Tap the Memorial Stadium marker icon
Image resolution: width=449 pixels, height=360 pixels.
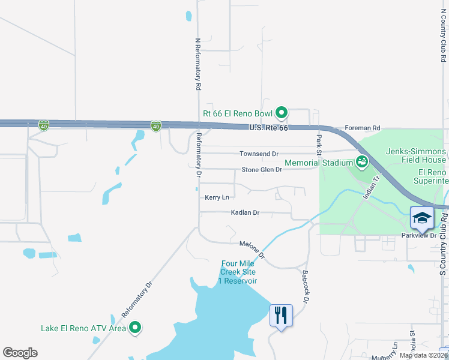pyautogui.click(x=361, y=161)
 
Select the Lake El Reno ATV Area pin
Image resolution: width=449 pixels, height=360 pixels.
pyautogui.click(x=136, y=328)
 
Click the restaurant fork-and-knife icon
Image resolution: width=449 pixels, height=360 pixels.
pyautogui.click(x=281, y=314)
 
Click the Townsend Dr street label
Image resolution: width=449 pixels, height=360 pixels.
pyautogui.click(x=259, y=154)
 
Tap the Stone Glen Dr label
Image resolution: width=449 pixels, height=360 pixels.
pyautogui.click(x=261, y=170)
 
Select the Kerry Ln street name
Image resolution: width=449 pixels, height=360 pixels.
pyautogui.click(x=217, y=197)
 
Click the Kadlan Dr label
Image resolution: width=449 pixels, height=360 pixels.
pyautogui.click(x=245, y=212)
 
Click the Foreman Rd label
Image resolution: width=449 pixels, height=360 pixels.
pyautogui.click(x=363, y=128)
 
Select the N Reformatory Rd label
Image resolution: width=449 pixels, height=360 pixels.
pyautogui.click(x=197, y=64)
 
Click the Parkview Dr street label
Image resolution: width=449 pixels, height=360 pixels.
pyautogui.click(x=419, y=235)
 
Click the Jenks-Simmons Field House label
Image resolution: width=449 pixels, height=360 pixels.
pyautogui.click(x=416, y=155)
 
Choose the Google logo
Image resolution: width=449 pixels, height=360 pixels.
pyautogui.click(x=20, y=353)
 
